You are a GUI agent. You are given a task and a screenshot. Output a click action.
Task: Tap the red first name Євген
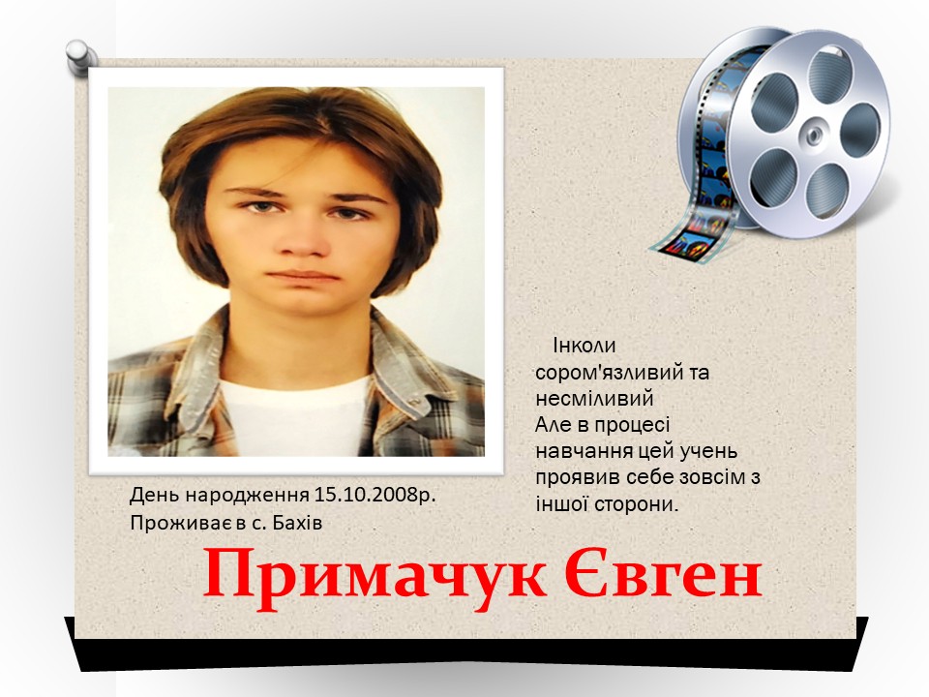[x=663, y=571]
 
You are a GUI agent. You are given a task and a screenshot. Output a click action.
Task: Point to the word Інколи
[x=584, y=345]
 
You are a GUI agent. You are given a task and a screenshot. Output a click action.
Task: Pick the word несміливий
[x=594, y=398]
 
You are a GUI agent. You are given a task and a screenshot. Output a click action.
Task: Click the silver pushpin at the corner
[x=81, y=57]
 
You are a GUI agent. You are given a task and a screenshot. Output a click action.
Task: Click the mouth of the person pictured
[x=302, y=276]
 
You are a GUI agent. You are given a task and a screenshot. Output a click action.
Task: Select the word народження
[x=248, y=495]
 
